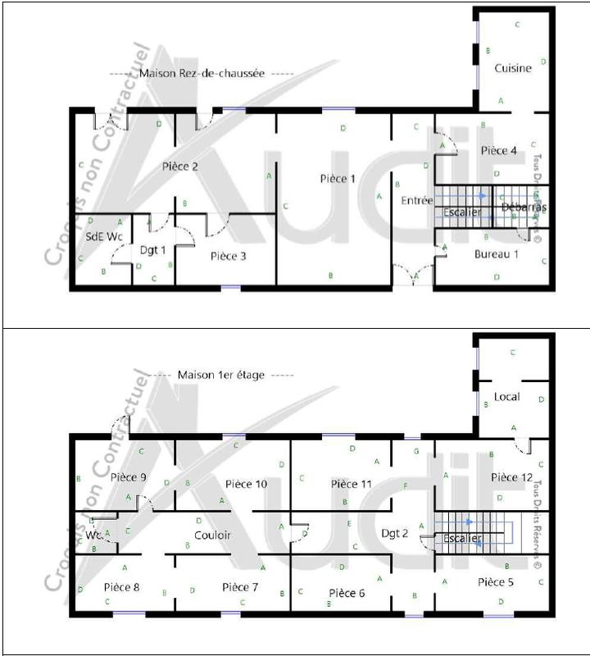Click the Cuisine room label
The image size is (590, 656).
pyautogui.click(x=513, y=68)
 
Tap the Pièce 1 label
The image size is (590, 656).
pyautogui.click(x=338, y=179)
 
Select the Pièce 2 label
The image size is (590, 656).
pyautogui.click(x=180, y=166)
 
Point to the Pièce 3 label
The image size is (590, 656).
pyautogui.click(x=229, y=256)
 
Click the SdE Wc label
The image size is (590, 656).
pyautogui.click(x=104, y=236)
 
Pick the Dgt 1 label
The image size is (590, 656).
pyautogui.click(x=153, y=250)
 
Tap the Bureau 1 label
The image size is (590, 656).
pyautogui.click(x=497, y=254)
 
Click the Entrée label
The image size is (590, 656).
pyautogui.click(x=416, y=200)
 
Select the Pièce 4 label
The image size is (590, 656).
pyautogui.click(x=498, y=150)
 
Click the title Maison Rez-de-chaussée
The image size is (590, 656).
pyautogui.click(x=202, y=73)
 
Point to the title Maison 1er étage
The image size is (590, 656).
pyautogui.click(x=221, y=375)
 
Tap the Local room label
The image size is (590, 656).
pyautogui.click(x=506, y=397)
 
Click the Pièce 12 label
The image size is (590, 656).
pyautogui.click(x=511, y=476)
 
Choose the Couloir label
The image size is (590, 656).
pyautogui.click(x=212, y=535)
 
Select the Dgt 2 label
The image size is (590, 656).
pyautogui.click(x=395, y=533)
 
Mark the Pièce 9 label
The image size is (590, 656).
pyautogui.click(x=128, y=477)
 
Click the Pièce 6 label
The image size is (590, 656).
pyautogui.click(x=347, y=593)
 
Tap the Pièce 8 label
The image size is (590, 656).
pyautogui.click(x=122, y=587)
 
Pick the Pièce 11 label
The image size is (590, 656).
pyautogui.click(x=352, y=485)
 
